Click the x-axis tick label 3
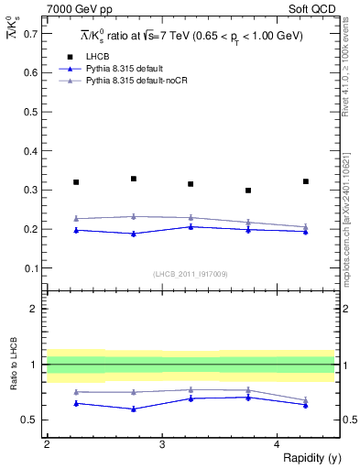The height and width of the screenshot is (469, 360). [x=162, y=444]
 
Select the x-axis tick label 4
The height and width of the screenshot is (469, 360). [x=278, y=444]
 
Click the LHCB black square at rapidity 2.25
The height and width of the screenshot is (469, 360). [x=76, y=182]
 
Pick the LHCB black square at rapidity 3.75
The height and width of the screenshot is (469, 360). [x=248, y=191]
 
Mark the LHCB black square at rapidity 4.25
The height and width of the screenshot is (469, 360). [x=306, y=181]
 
